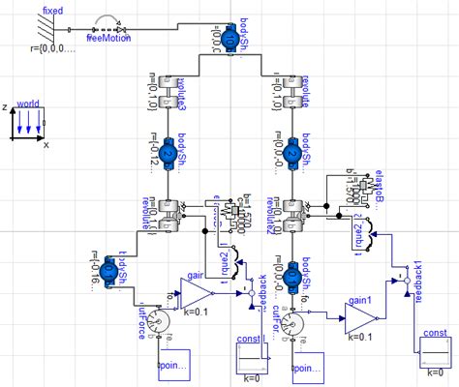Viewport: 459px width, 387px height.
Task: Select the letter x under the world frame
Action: (46, 144)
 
